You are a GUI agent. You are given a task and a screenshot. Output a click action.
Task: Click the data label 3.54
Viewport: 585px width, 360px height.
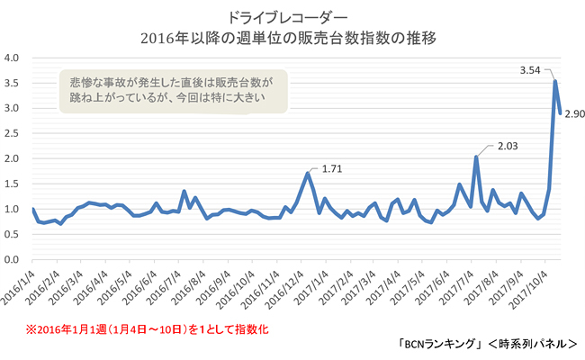coord(534,69)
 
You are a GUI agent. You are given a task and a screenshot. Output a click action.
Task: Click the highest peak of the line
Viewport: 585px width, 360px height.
coord(555,81)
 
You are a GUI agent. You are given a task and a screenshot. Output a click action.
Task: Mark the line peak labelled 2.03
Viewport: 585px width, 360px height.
coord(475,157)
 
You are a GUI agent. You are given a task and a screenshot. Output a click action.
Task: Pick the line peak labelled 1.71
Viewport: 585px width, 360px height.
coord(308,173)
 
